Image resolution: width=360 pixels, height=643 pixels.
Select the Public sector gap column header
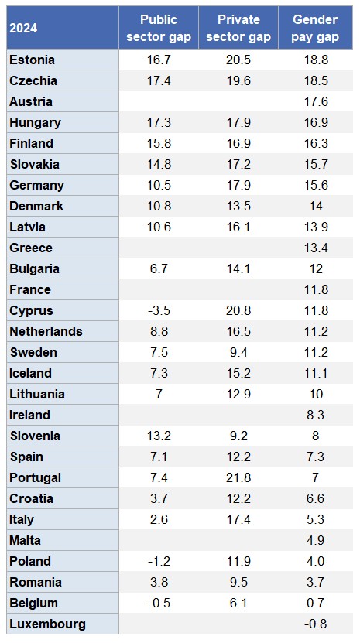[x=158, y=27]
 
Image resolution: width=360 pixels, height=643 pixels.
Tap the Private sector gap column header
[x=237, y=27]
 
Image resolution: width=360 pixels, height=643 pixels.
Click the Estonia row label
[x=32, y=60]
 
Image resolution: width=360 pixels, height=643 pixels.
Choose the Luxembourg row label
[x=47, y=624]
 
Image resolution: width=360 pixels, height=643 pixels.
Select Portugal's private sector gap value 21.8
[x=237, y=477]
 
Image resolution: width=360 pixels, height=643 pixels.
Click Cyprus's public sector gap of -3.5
[x=158, y=310]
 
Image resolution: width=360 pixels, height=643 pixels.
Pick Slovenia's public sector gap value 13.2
[x=158, y=436]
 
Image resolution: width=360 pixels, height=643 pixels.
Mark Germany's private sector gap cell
[x=237, y=185]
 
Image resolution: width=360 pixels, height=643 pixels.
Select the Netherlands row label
[x=46, y=331]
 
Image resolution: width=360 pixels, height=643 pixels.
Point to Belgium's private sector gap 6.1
[x=237, y=603]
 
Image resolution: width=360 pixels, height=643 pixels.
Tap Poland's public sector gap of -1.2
[x=158, y=561]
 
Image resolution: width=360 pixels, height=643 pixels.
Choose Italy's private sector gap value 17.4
[x=237, y=519]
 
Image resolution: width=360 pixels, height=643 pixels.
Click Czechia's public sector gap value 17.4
[x=158, y=80]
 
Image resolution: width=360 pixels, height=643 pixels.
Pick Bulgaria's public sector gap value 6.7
[x=158, y=268]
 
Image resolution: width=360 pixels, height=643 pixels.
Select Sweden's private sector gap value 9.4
[x=237, y=352]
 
